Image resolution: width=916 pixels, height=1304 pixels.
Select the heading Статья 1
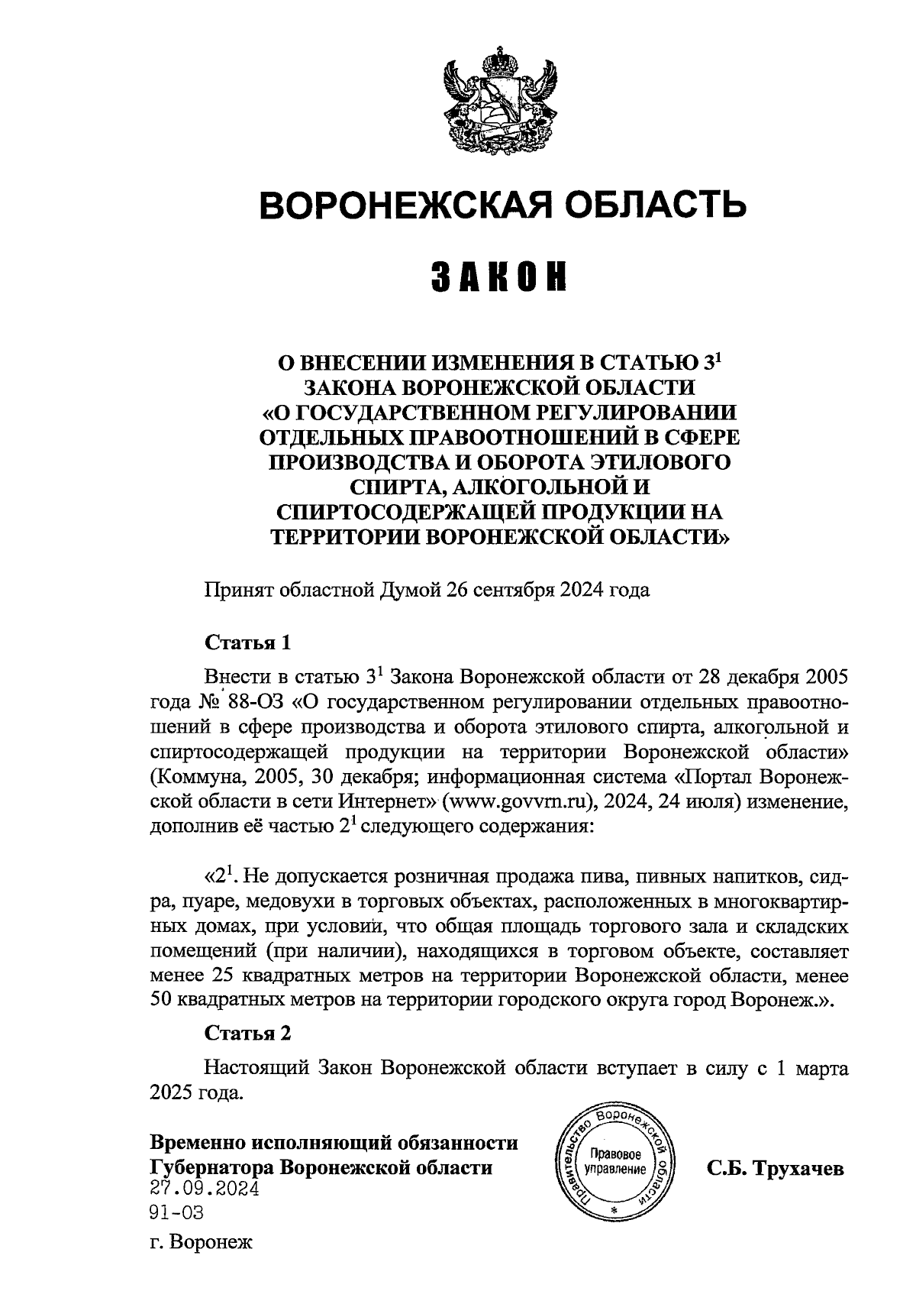(x=248, y=642)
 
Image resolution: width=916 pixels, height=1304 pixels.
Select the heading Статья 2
(x=248, y=1034)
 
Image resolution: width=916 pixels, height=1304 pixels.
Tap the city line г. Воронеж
(x=201, y=1243)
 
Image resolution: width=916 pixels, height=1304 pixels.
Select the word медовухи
(x=294, y=901)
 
